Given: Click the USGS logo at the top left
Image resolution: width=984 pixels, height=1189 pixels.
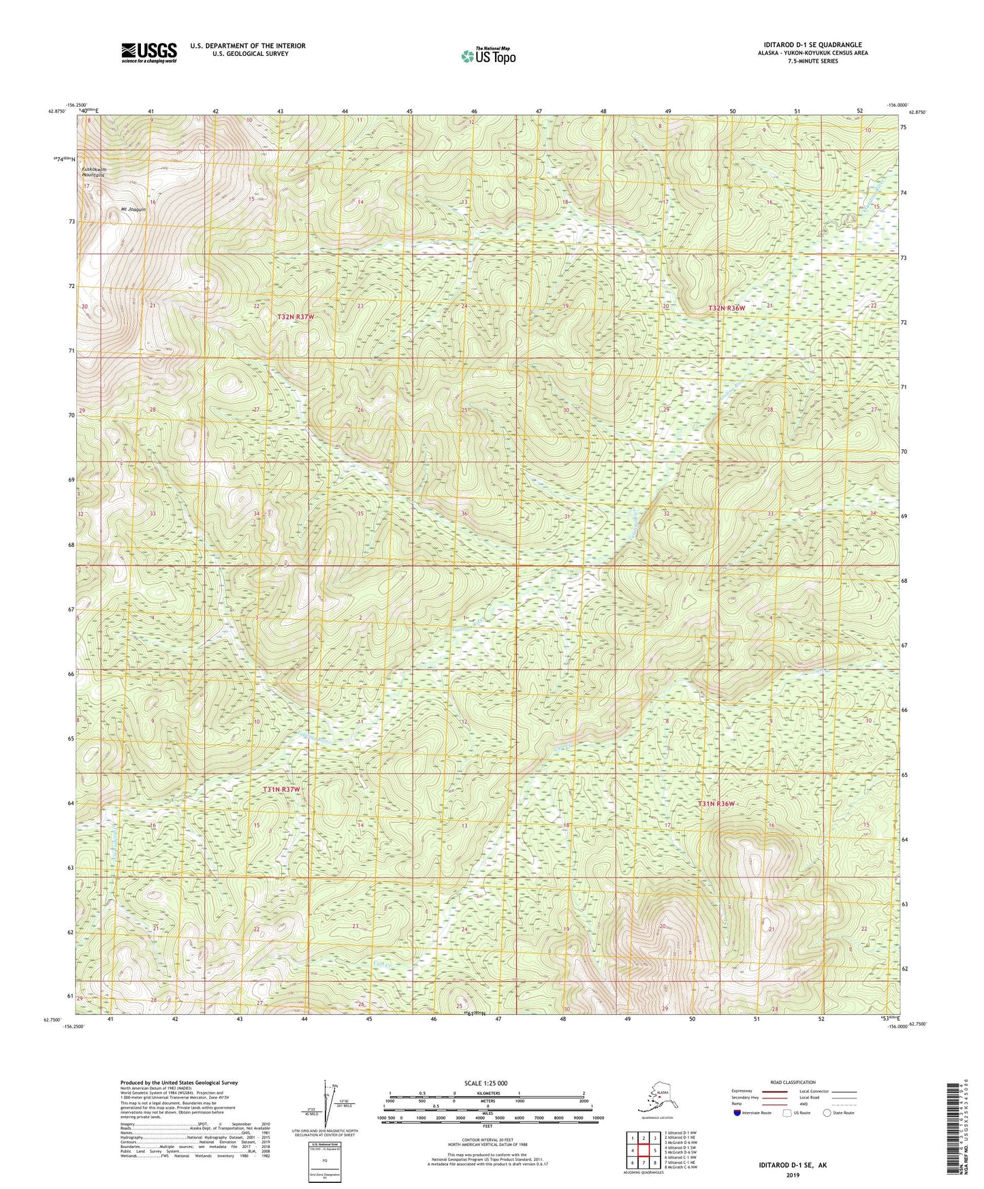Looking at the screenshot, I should (149, 52).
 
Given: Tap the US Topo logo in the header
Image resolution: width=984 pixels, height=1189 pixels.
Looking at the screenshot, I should (487, 55).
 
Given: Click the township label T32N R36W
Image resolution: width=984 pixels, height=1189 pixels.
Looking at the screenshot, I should (727, 308).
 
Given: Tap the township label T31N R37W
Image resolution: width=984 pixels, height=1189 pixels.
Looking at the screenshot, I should (281, 789).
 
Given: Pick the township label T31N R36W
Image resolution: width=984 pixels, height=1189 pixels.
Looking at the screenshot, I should (716, 804).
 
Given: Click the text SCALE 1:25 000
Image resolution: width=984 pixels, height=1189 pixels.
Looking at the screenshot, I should (487, 1083).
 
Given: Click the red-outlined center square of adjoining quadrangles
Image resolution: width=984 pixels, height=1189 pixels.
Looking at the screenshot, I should (643, 1150).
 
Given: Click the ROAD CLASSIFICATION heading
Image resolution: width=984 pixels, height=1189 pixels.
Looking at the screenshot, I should (792, 1082).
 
